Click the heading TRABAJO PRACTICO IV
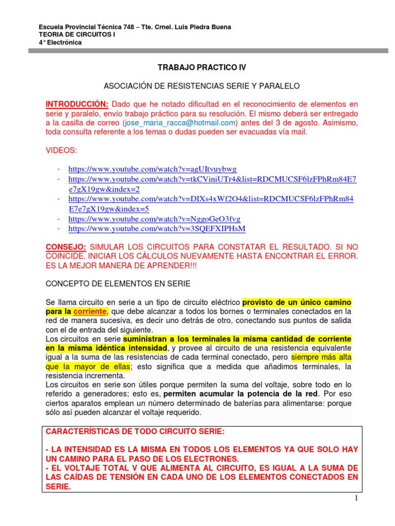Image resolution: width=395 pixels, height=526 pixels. tap(198, 68)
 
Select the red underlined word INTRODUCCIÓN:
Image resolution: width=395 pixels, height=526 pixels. tap(77, 104)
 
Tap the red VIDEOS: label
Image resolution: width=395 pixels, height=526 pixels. tap(61, 150)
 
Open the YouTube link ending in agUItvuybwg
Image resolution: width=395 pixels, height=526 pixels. tap(152, 169)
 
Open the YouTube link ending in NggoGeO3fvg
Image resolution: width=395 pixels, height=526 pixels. tap(154, 219)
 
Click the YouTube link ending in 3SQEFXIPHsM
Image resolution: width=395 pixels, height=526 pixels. tap(157, 229)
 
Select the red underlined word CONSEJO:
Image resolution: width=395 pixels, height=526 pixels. tap(66, 247)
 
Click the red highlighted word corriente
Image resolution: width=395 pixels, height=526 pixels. tap(91, 311)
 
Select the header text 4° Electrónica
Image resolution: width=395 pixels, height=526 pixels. tap(60, 42)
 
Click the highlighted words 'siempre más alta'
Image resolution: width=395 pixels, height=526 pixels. tap(321, 357)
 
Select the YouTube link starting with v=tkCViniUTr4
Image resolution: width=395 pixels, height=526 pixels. tap(212, 179)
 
